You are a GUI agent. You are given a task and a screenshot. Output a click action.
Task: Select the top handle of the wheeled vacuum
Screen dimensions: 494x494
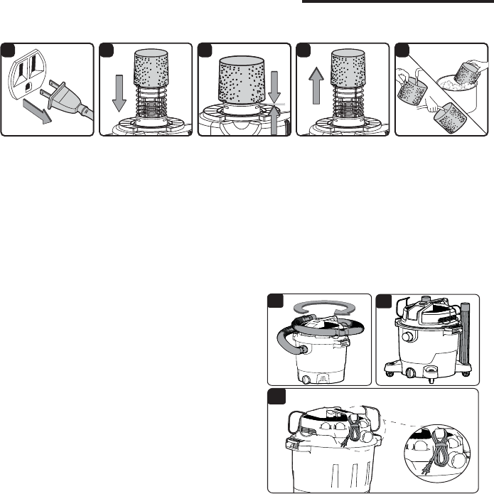point(427,306)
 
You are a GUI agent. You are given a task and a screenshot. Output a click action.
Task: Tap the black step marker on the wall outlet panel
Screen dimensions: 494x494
point(6,49)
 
